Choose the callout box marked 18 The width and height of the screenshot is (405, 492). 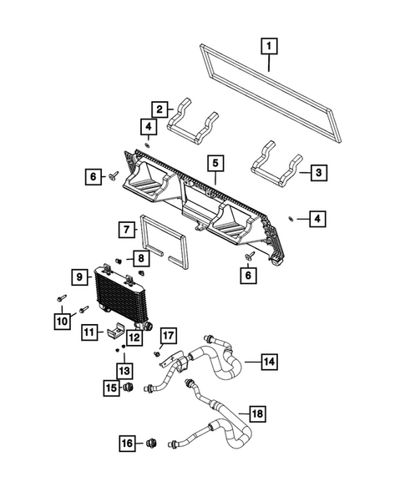coord(259,413)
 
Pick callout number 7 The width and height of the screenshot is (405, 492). coord(124,228)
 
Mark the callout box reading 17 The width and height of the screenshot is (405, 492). coord(169,337)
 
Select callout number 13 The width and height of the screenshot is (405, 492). coord(124,370)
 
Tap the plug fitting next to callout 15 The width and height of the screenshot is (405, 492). coord(128,389)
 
